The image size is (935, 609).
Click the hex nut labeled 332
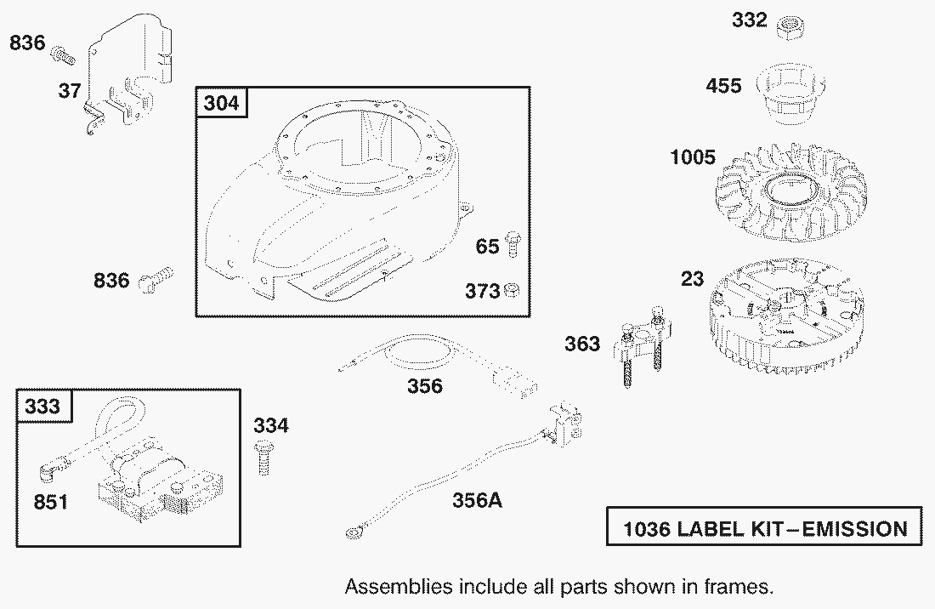(791, 27)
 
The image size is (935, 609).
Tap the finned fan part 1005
(791, 191)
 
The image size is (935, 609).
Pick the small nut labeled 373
(512, 291)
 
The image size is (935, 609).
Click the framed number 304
(221, 103)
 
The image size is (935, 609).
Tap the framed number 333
(42, 407)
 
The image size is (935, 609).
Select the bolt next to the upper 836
(63, 55)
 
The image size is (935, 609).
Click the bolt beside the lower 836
(156, 278)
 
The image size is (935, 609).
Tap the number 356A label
(477, 500)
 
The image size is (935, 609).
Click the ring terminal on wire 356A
(354, 532)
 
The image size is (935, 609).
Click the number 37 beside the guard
(70, 91)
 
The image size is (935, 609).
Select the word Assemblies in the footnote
(399, 587)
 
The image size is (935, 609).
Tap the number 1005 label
(693, 157)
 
